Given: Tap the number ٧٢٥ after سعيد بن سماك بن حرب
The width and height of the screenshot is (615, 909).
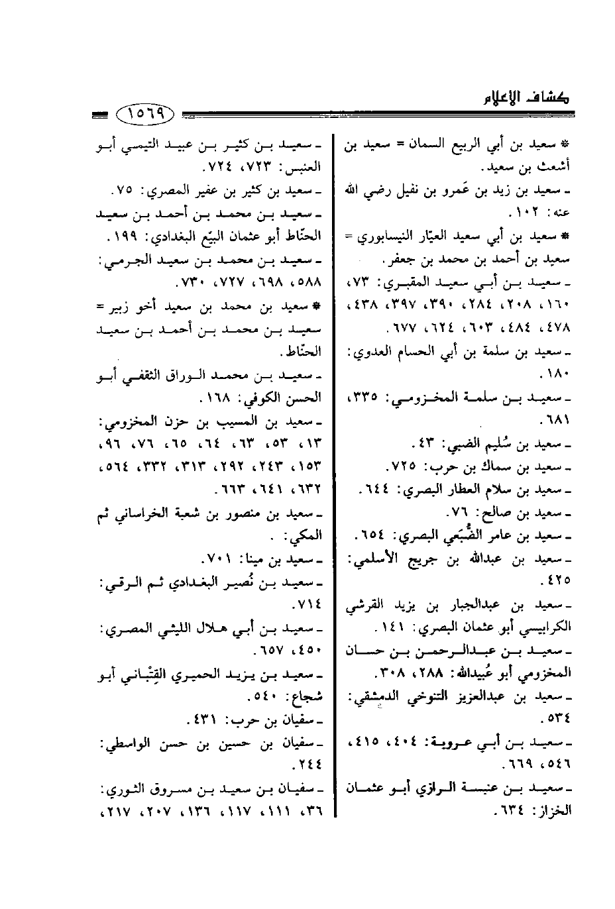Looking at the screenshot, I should click(410, 466).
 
